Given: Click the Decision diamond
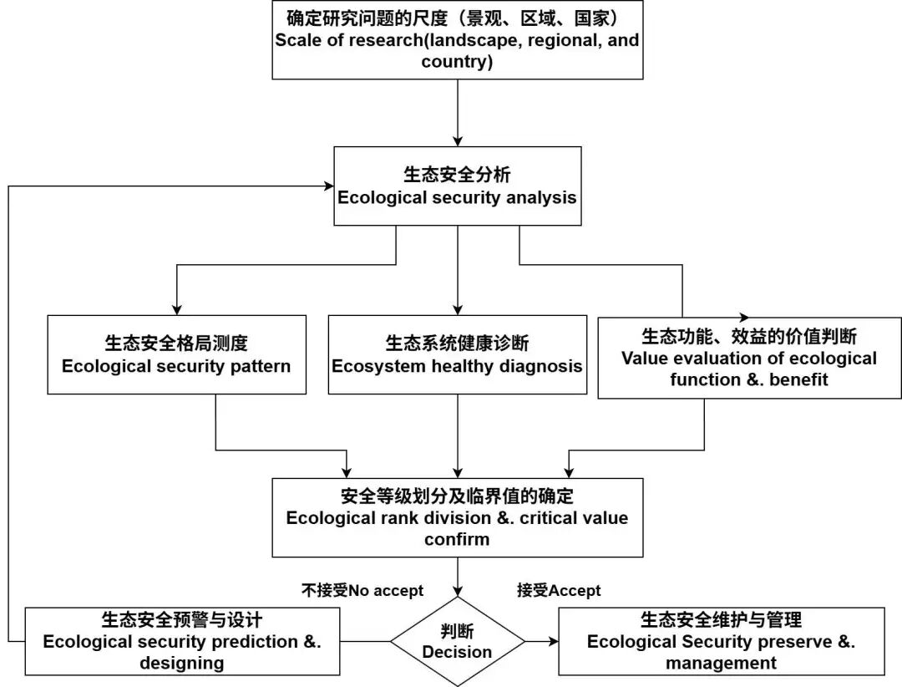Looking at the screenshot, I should click(x=458, y=641).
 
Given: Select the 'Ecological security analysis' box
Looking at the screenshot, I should click(x=458, y=186).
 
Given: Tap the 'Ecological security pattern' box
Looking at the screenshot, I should click(x=176, y=354).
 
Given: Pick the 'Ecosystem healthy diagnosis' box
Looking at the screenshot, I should click(x=458, y=354).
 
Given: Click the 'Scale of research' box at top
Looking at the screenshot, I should click(x=458, y=39).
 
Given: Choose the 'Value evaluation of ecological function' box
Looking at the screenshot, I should click(x=749, y=357).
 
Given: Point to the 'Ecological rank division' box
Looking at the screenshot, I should click(x=458, y=517).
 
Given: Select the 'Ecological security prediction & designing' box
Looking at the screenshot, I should click(x=182, y=641).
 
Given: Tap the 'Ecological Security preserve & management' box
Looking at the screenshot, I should click(x=721, y=641).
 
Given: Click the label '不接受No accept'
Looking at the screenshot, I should click(x=362, y=590).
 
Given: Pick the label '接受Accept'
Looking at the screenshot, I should click(x=559, y=590).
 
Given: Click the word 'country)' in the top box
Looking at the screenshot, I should click(x=456, y=63).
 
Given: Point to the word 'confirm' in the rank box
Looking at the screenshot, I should click(x=457, y=539).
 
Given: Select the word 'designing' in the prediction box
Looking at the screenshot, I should click(x=181, y=664).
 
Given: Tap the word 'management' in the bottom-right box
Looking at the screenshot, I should click(x=721, y=664).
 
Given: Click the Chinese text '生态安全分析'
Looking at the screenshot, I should click(x=457, y=175).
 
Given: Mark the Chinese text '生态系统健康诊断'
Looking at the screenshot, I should click(x=457, y=343).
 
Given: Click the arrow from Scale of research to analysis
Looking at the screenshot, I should click(x=458, y=113).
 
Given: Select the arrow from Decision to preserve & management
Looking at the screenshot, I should click(x=541, y=641).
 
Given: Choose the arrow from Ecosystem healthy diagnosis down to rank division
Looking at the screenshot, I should click(x=458, y=435).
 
